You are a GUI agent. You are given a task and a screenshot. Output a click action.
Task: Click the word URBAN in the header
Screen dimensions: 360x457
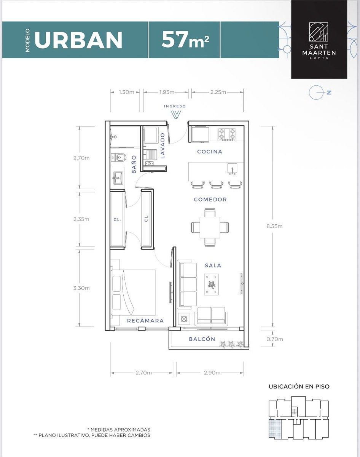tap(78, 40)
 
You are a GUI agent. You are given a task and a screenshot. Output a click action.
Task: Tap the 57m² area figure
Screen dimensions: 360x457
tap(185, 40)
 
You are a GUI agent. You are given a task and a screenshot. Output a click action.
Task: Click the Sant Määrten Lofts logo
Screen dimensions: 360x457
tap(319, 40)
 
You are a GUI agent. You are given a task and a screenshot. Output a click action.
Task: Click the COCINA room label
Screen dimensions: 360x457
tap(210, 152)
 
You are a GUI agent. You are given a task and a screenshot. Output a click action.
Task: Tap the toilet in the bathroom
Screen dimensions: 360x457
tap(119, 158)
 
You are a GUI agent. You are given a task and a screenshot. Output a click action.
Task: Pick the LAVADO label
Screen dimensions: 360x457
tap(162, 145)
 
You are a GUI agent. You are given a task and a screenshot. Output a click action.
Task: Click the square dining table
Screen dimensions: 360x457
tap(210, 227)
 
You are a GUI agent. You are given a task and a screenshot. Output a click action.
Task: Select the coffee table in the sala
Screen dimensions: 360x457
tap(212, 284)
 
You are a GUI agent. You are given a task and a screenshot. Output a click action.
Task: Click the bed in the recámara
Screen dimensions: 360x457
tap(134, 292)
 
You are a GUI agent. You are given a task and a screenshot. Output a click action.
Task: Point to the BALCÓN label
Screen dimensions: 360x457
tap(202, 339)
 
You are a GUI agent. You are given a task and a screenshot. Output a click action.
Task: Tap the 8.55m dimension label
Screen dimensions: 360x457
tap(274, 226)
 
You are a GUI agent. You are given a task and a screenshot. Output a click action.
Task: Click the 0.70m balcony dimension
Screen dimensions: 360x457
tap(275, 339)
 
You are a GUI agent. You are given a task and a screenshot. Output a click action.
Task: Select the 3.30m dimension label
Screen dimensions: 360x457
tap(81, 288)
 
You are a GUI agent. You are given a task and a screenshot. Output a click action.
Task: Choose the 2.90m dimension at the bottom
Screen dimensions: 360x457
tap(212, 373)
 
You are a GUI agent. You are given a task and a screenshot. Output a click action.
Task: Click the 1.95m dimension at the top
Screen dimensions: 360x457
tap(167, 92)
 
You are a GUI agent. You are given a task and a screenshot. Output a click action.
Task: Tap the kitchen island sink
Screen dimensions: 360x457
tap(233, 169)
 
